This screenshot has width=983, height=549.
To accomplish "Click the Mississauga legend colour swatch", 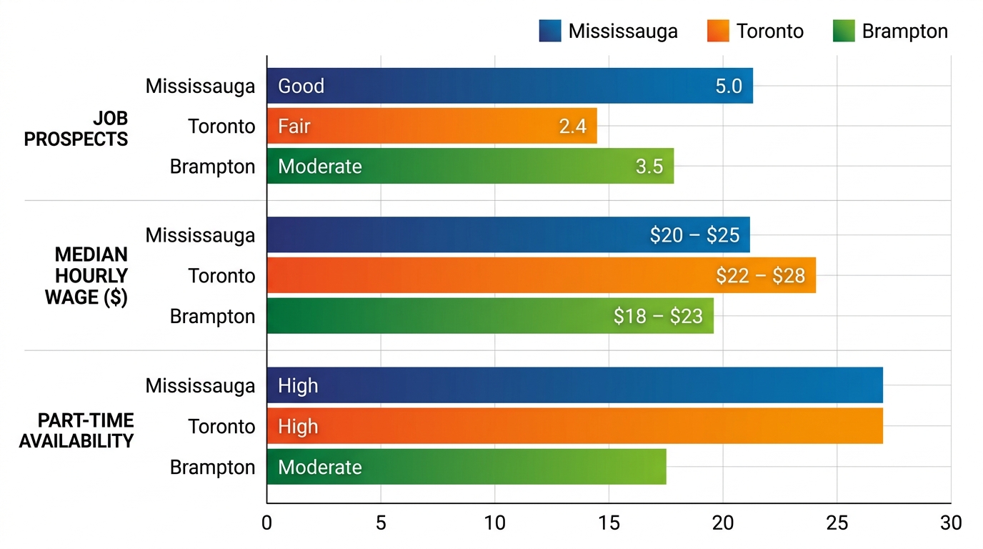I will click(x=550, y=31).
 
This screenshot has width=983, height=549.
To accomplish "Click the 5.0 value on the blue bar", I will click(x=729, y=86).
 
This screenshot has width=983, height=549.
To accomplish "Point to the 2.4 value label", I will click(x=572, y=127).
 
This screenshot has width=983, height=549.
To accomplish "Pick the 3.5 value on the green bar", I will click(x=649, y=167).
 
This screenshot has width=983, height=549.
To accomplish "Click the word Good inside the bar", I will click(x=301, y=86).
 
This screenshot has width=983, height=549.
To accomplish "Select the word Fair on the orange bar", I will click(x=294, y=127).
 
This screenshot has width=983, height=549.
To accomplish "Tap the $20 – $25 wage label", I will click(x=694, y=235).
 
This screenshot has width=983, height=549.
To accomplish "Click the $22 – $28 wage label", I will click(x=760, y=276).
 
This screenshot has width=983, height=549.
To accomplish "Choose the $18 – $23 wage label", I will click(x=658, y=316).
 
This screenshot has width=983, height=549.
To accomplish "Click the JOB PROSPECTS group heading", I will click(x=76, y=129).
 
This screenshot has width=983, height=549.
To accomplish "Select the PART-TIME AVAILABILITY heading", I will click(x=76, y=431).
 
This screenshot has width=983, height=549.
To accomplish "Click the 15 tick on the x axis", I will click(x=609, y=523).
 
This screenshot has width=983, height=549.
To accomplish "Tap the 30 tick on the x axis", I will click(x=950, y=523).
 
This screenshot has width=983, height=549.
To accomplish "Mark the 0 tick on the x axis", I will click(x=267, y=523).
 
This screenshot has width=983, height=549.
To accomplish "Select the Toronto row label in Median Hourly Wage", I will click(x=221, y=276).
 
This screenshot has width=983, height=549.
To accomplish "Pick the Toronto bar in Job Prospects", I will click(x=431, y=127).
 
